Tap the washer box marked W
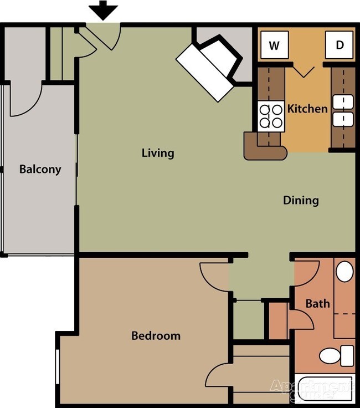(274, 45)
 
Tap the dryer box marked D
(339, 45)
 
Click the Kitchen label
(307, 108)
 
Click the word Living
(157, 152)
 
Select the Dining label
(301, 200)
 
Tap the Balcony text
(40, 169)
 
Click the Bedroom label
(156, 335)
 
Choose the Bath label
(318, 303)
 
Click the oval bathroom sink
(345, 272)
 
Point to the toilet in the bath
(338, 355)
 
